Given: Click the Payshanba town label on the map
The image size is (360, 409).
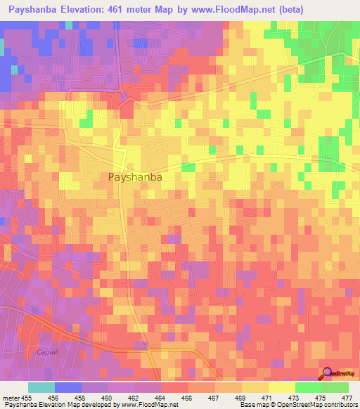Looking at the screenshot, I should click(x=136, y=178).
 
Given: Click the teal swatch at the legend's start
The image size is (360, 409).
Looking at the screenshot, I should click(x=41, y=387).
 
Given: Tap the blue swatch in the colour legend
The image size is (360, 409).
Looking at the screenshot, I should click(x=68, y=387).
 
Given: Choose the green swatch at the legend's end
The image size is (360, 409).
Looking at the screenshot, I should click(x=335, y=387).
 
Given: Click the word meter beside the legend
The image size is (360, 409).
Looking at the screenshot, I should click(x=11, y=397).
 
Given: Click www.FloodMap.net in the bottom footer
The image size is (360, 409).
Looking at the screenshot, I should click(x=148, y=405).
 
